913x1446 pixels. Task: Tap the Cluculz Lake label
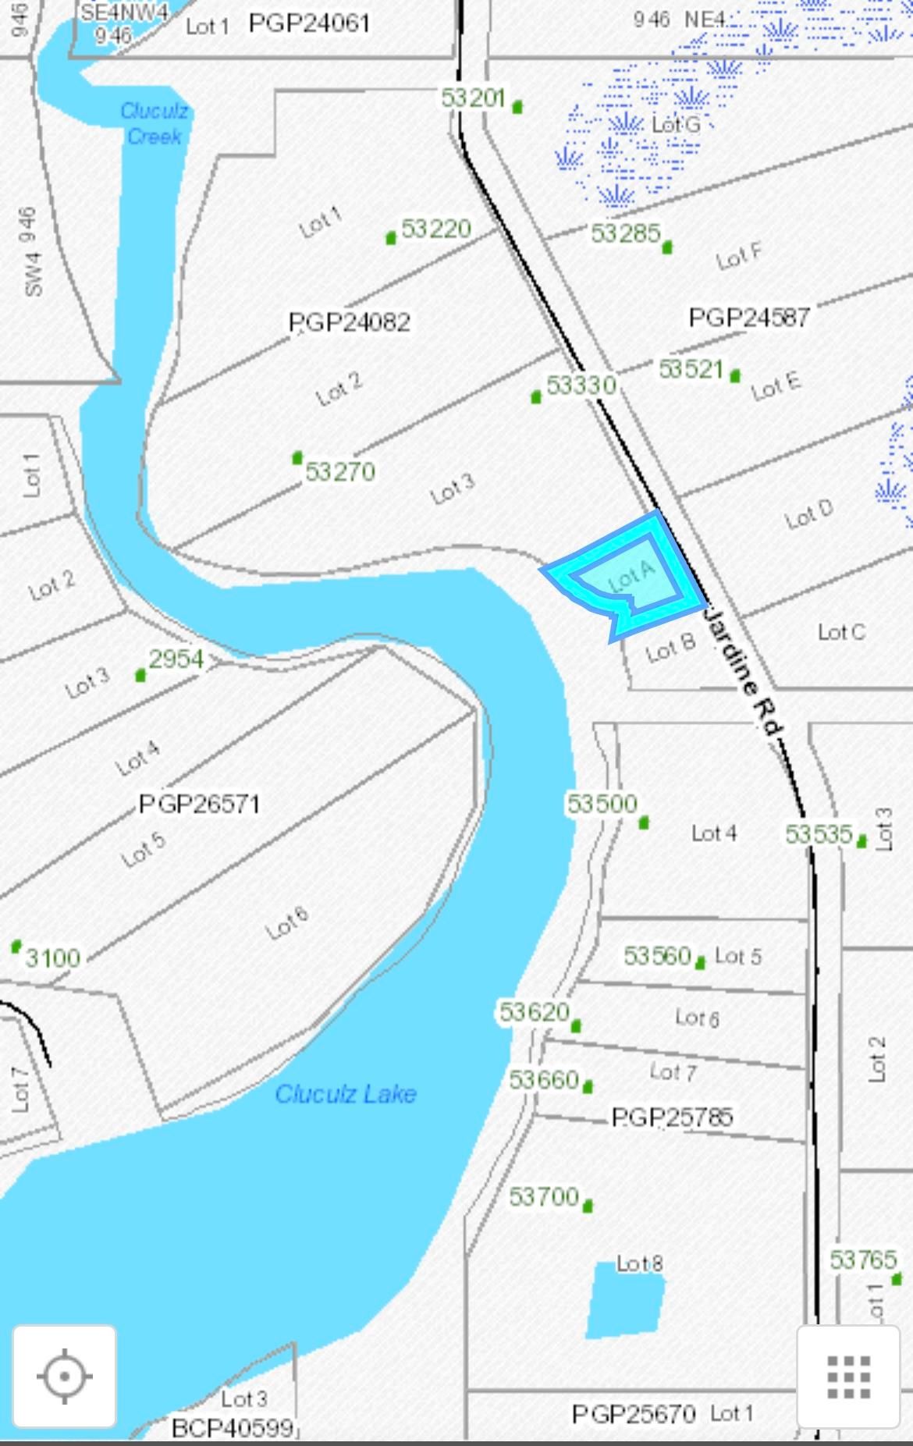346,1093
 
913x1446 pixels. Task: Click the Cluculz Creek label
155,123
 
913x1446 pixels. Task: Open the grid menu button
848,1377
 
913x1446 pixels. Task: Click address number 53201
473,98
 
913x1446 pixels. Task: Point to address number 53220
436,229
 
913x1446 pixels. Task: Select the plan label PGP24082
350,322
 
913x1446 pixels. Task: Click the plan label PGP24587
749,317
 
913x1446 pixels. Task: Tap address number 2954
176,659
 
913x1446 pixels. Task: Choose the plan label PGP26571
199,804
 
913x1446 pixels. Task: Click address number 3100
53,957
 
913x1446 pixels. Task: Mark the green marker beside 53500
644,822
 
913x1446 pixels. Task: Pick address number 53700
544,1196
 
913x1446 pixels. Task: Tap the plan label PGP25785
672,1117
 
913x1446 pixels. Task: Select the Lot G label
676,124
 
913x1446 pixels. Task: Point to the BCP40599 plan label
232,1427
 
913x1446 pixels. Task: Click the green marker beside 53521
735,376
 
